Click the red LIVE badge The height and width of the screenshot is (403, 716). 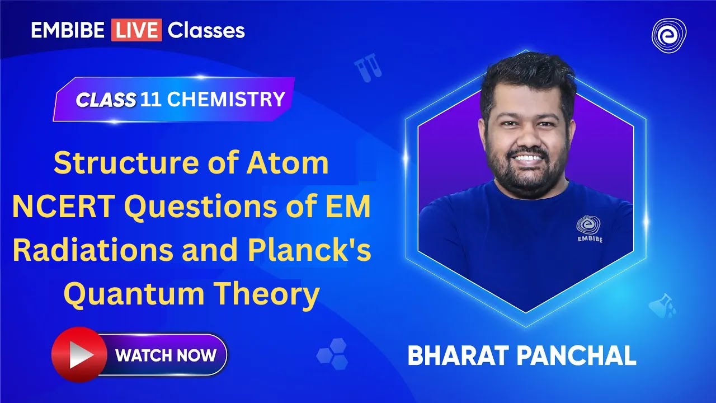[x=136, y=30]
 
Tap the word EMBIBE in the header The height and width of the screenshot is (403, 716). [x=68, y=30]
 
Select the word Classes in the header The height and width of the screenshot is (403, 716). [x=206, y=30]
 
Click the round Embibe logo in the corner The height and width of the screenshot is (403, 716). [x=669, y=34]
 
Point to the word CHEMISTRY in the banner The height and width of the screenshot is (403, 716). [x=226, y=99]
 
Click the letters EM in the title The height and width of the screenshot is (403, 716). [x=351, y=208]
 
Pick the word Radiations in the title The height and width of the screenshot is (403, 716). [x=93, y=251]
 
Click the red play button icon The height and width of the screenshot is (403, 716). [x=78, y=355]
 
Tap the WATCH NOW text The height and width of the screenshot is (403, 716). [x=166, y=355]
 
